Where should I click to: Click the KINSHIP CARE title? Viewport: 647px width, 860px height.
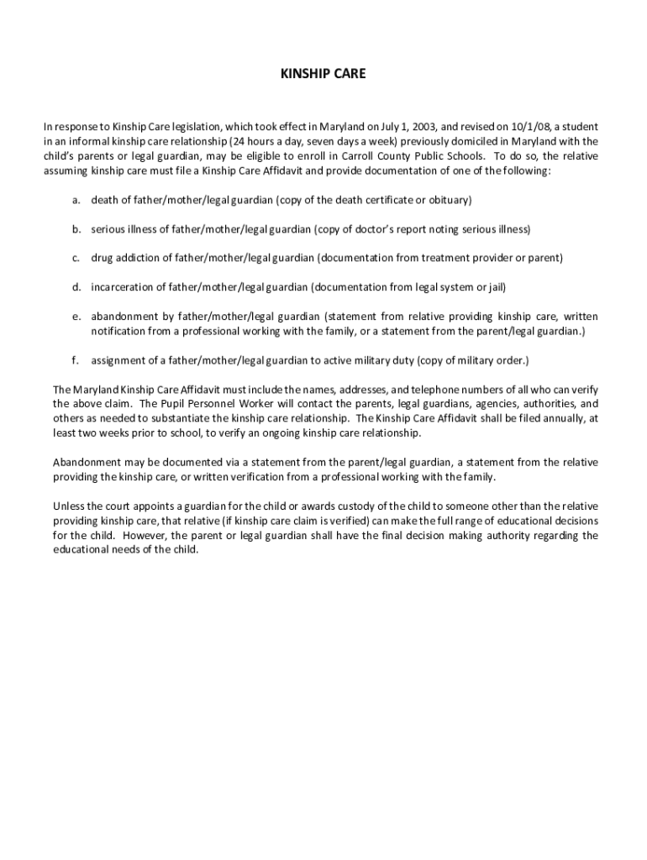click(x=323, y=74)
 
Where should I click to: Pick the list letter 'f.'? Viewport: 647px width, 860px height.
click(x=76, y=360)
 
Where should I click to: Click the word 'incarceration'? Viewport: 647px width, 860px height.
click(x=119, y=287)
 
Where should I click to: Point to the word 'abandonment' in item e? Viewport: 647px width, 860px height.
click(x=122, y=317)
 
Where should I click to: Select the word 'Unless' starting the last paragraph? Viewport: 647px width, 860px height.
click(x=67, y=506)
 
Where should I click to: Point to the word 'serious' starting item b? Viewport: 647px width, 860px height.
click(x=108, y=228)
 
